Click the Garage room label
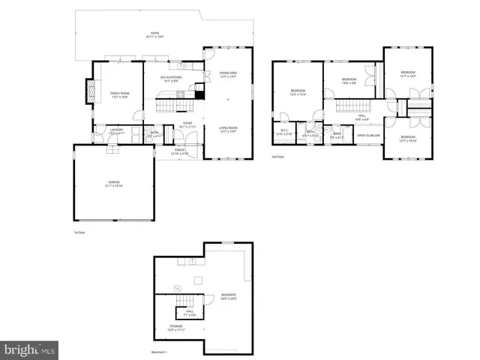coord(114,184)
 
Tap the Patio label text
coord(154,35)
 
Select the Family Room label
coord(119,94)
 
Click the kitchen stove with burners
coord(180,94)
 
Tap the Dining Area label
coord(229,74)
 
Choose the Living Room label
coord(229,130)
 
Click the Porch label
coord(180,151)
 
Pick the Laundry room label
coord(115,131)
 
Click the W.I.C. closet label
coord(284,133)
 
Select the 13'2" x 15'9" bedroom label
coord(298,93)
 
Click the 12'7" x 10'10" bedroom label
coord(407,139)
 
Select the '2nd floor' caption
coord(277,157)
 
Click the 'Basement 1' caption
coord(159,352)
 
